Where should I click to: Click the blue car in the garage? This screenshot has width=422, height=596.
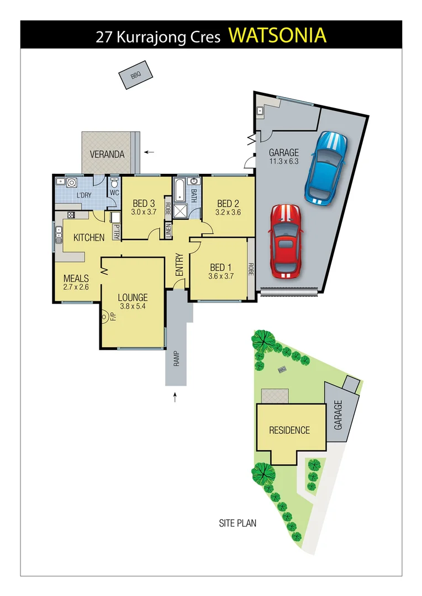click(326, 167)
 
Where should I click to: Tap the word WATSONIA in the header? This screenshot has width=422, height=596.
click(277, 35)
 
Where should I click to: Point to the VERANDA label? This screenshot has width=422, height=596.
click(108, 155)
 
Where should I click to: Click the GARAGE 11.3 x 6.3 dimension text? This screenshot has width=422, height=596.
click(283, 162)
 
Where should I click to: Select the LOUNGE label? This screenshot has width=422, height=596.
click(133, 298)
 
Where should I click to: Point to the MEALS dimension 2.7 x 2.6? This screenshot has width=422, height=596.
click(76, 287)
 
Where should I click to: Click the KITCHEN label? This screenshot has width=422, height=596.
click(89, 238)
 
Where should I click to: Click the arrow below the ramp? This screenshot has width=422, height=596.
click(176, 396)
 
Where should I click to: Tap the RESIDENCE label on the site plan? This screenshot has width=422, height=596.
click(289, 430)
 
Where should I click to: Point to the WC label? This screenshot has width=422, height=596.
click(114, 193)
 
